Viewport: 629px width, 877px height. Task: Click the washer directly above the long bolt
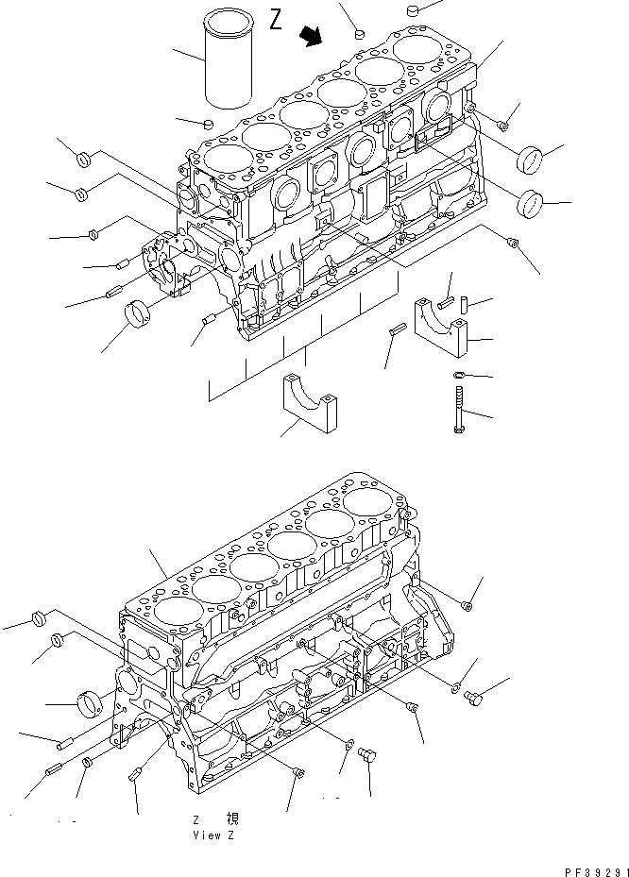[458, 376]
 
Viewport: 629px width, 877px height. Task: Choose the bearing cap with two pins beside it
[441, 327]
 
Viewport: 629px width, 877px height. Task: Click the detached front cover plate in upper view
[165, 264]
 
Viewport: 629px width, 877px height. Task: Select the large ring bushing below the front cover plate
[143, 311]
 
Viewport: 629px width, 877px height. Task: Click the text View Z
[207, 835]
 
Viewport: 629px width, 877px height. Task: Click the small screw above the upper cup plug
[504, 123]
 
